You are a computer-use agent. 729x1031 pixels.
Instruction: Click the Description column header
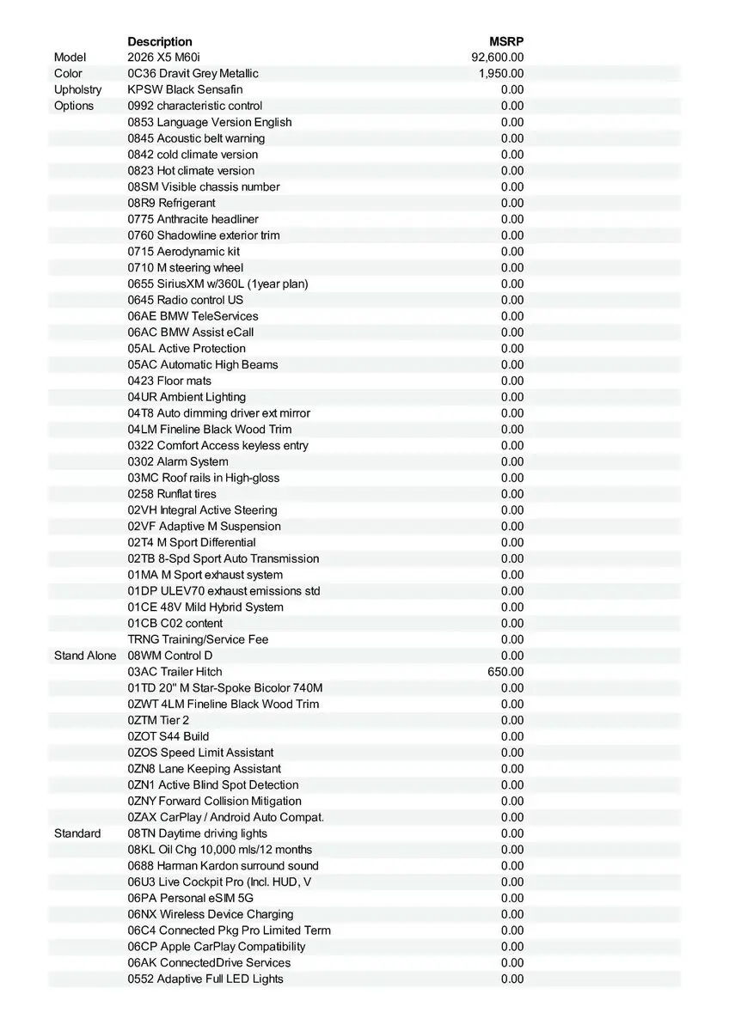point(160,41)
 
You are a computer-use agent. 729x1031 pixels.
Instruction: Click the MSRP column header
point(506,41)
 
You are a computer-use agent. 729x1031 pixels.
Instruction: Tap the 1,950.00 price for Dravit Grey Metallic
point(501,74)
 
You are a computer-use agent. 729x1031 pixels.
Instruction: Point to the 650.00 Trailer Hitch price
point(505,672)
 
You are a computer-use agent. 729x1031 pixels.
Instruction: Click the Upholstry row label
point(77,89)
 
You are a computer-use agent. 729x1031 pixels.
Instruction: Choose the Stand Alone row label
point(85,656)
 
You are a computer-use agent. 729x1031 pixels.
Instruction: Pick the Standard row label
point(77,833)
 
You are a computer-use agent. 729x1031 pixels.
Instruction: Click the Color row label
point(68,74)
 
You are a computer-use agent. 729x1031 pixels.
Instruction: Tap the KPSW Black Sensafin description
point(185,89)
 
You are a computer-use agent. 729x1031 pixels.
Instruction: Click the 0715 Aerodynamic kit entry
point(183,252)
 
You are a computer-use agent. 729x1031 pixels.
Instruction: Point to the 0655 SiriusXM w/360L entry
point(217,284)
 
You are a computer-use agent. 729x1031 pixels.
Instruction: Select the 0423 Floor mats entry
point(169,381)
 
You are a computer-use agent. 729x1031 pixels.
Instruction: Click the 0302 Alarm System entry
point(178,461)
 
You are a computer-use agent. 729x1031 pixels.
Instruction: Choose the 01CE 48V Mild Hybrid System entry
point(205,607)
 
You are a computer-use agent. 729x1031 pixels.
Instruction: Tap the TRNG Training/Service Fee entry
point(198,639)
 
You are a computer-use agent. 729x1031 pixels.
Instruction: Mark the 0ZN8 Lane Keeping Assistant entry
point(204,769)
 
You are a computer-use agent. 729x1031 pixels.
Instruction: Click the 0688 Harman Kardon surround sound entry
point(223,866)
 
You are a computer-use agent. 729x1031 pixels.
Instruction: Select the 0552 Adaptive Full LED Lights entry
point(205,979)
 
